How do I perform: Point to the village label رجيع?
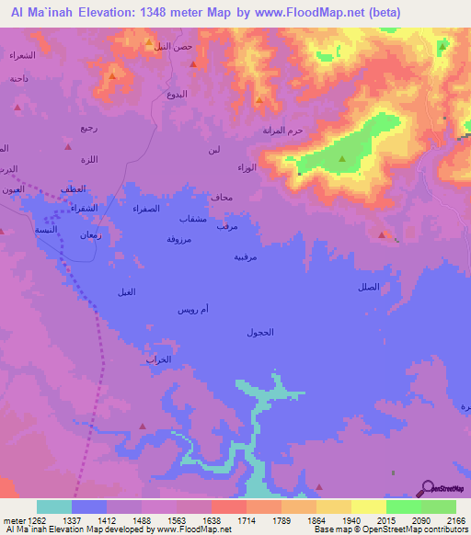pos(87,127)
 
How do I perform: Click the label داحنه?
pos(19,79)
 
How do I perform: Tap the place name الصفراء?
pos(146,209)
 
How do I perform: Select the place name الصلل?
pos(368,288)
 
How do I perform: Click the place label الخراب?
pos(158,359)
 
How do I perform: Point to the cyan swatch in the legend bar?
pos(54,507)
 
